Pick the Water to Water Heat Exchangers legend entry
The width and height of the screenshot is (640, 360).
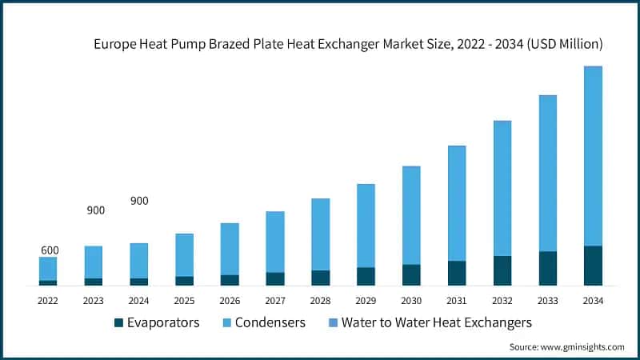pos(436,322)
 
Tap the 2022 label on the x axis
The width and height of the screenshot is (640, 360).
pos(48,300)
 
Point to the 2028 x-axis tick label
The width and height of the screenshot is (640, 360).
pos(320,300)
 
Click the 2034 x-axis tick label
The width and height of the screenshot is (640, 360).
pos(593,300)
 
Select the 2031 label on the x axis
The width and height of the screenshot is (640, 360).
pos(457,300)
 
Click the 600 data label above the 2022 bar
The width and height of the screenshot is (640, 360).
pos(50,250)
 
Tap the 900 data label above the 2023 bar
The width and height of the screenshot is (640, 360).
pos(95,210)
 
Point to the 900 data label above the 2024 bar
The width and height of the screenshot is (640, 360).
pos(139,201)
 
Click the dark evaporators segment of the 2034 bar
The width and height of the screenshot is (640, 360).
pos(593,266)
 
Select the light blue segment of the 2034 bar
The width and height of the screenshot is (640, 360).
pos(593,156)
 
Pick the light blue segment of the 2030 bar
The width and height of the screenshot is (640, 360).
pos(411,215)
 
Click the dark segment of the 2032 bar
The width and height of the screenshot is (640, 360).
pos(502,270)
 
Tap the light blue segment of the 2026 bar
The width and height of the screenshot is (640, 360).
pos(230,249)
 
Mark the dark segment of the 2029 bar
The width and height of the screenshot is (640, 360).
pos(366,276)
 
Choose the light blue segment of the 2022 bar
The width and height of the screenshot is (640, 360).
pos(48,269)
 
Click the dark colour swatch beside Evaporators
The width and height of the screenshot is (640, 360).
pos(119,323)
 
